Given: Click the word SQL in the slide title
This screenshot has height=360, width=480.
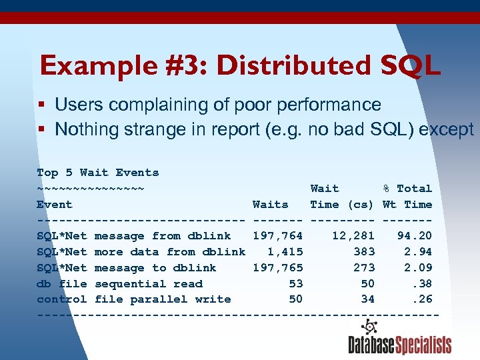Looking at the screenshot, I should click(410, 66).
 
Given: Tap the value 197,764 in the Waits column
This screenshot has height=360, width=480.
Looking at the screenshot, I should click(277, 236).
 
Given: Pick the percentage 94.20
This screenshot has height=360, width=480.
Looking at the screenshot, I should click(413, 236).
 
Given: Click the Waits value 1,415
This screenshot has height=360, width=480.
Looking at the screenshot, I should click(285, 252).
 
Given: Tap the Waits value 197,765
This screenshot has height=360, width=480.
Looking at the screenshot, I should click(277, 268).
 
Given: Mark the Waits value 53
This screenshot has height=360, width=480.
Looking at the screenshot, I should click(295, 284).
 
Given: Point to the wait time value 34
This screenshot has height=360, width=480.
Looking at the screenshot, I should click(367, 300).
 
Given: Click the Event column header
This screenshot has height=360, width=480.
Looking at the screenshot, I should click(55, 205).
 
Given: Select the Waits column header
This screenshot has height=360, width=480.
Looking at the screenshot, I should click(270, 205).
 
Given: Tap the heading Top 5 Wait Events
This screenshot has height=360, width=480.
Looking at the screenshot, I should click(98, 173).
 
